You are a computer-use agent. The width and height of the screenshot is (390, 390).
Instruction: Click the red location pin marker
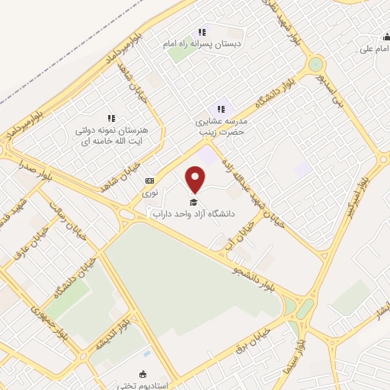[x=196, y=180]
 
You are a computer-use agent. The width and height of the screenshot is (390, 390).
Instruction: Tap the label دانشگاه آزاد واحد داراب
[x=194, y=216]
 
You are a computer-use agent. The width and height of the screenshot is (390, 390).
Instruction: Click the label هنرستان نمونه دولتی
[x=111, y=131]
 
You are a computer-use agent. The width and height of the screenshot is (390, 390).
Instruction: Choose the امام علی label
[x=376, y=49]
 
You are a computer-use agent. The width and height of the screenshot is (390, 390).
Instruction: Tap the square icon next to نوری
[x=149, y=181]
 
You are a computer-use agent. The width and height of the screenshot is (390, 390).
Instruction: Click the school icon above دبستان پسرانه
[x=202, y=32]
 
